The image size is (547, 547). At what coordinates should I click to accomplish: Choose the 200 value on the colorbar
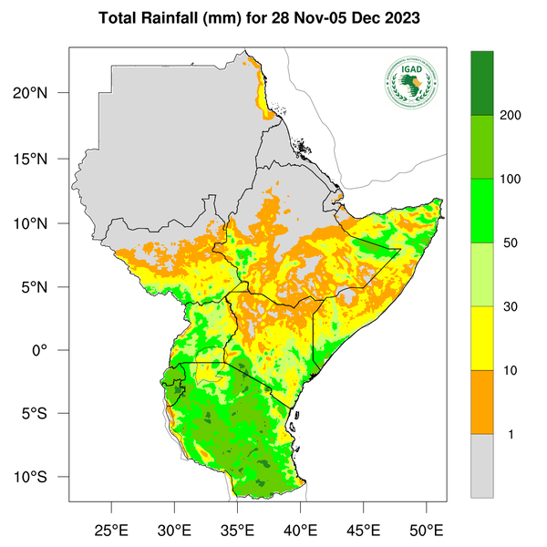[511, 117]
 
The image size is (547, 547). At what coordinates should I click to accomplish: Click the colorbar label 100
[511, 180]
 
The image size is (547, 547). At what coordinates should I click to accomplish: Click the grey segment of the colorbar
[481, 465]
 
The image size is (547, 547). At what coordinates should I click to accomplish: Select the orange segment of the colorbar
[481, 402]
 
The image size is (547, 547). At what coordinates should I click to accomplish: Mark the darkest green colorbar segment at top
[481, 83]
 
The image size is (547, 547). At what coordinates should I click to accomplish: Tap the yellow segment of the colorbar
[481, 338]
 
